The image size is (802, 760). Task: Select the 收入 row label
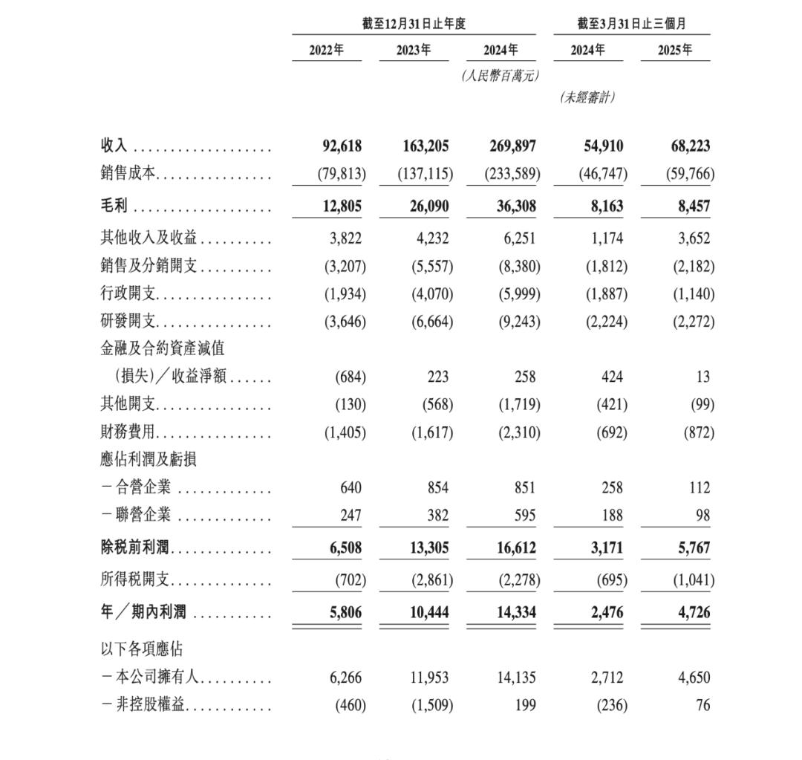(114, 146)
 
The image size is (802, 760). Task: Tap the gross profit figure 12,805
(342, 207)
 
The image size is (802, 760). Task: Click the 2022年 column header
(326, 50)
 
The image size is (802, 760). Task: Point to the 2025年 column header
(675, 50)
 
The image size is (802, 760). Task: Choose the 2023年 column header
(414, 50)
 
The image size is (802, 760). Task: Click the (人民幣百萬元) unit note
(500, 76)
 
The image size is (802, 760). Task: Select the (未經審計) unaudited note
(587, 97)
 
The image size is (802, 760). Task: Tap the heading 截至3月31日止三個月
(631, 24)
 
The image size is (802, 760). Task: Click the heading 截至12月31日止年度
(414, 24)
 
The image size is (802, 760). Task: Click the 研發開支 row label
(128, 322)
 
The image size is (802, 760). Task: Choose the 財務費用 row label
(128, 432)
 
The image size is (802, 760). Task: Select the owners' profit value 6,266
(345, 678)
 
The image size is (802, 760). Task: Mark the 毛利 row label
(114, 207)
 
